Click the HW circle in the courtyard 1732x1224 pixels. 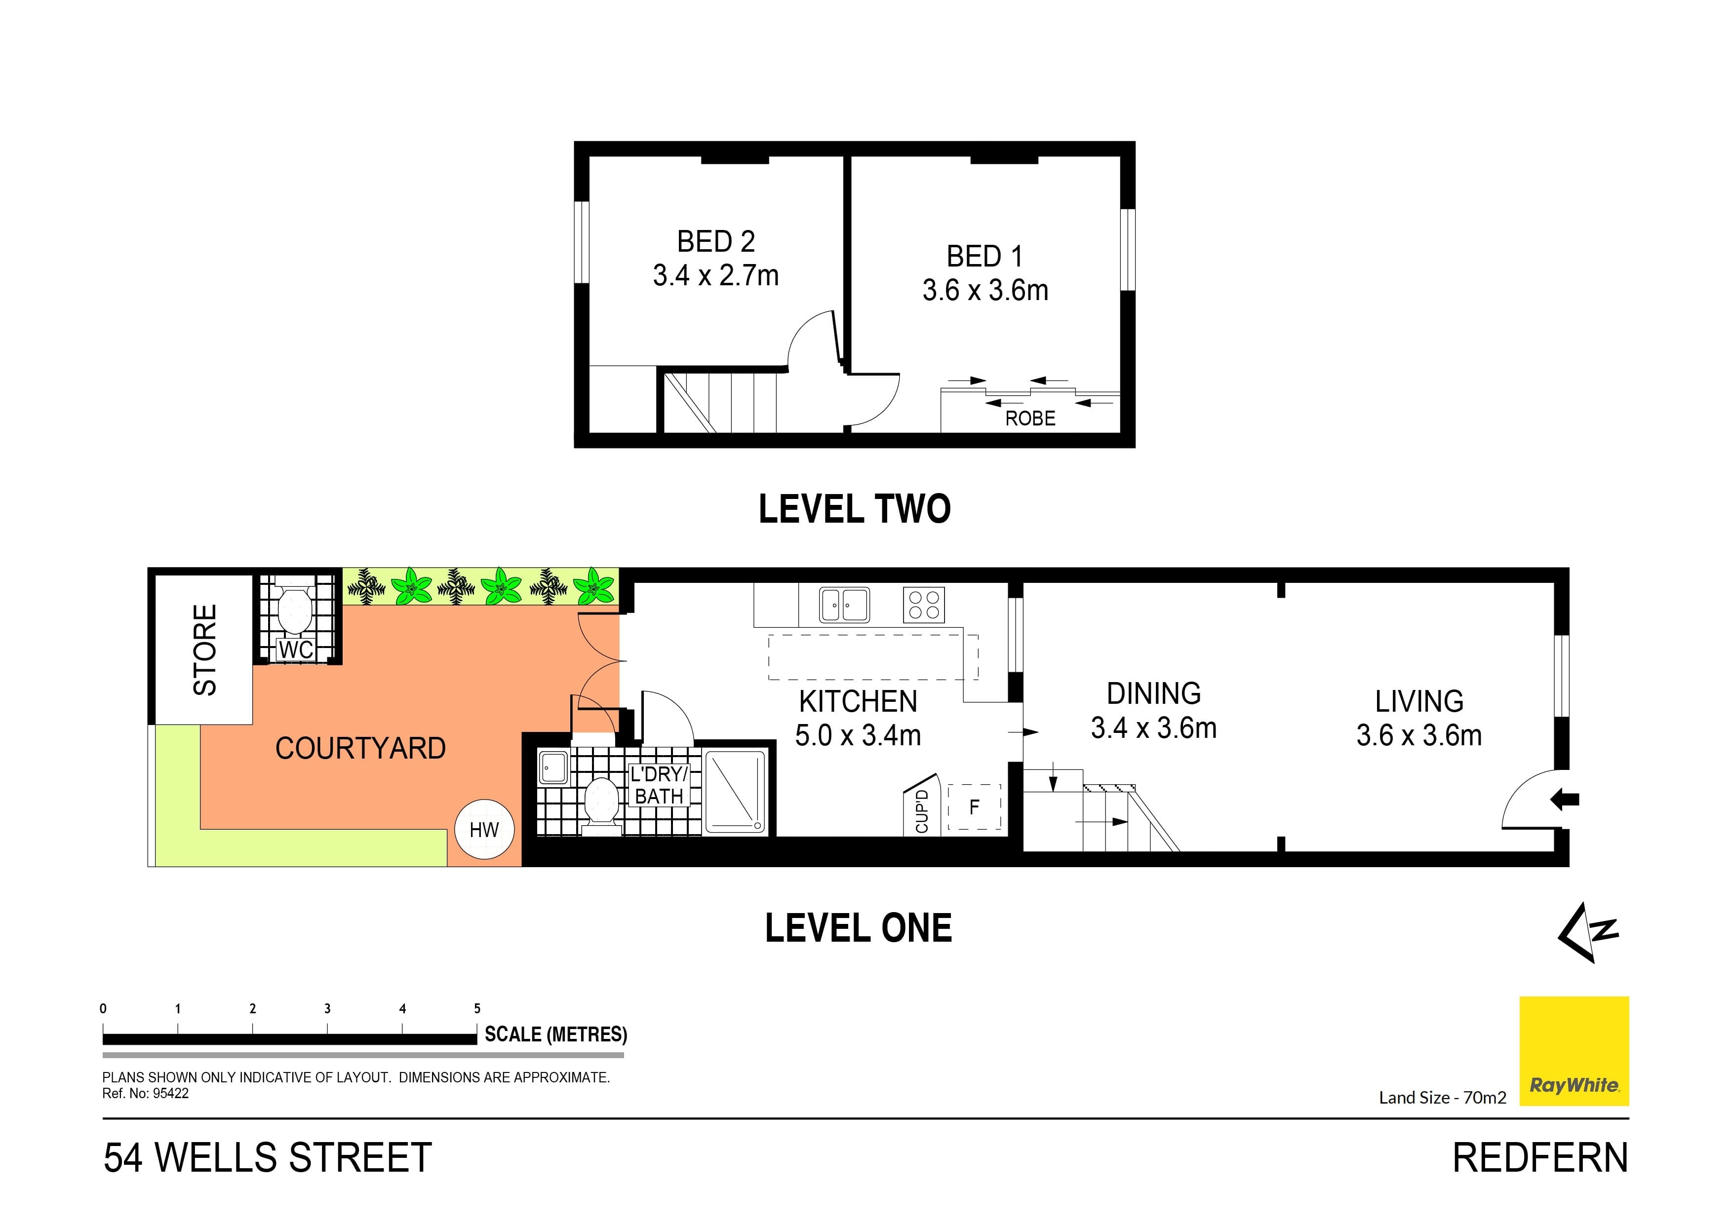point(484,830)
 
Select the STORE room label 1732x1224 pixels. point(204,650)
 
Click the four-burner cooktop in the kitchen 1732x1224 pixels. point(923,605)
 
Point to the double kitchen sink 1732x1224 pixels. point(844,605)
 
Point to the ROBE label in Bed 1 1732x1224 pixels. point(1030,419)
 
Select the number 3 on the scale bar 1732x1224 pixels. point(327,1008)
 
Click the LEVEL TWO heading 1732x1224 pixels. point(854,509)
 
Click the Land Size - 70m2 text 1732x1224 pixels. point(1442,1097)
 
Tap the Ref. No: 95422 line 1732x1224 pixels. point(146,1094)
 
